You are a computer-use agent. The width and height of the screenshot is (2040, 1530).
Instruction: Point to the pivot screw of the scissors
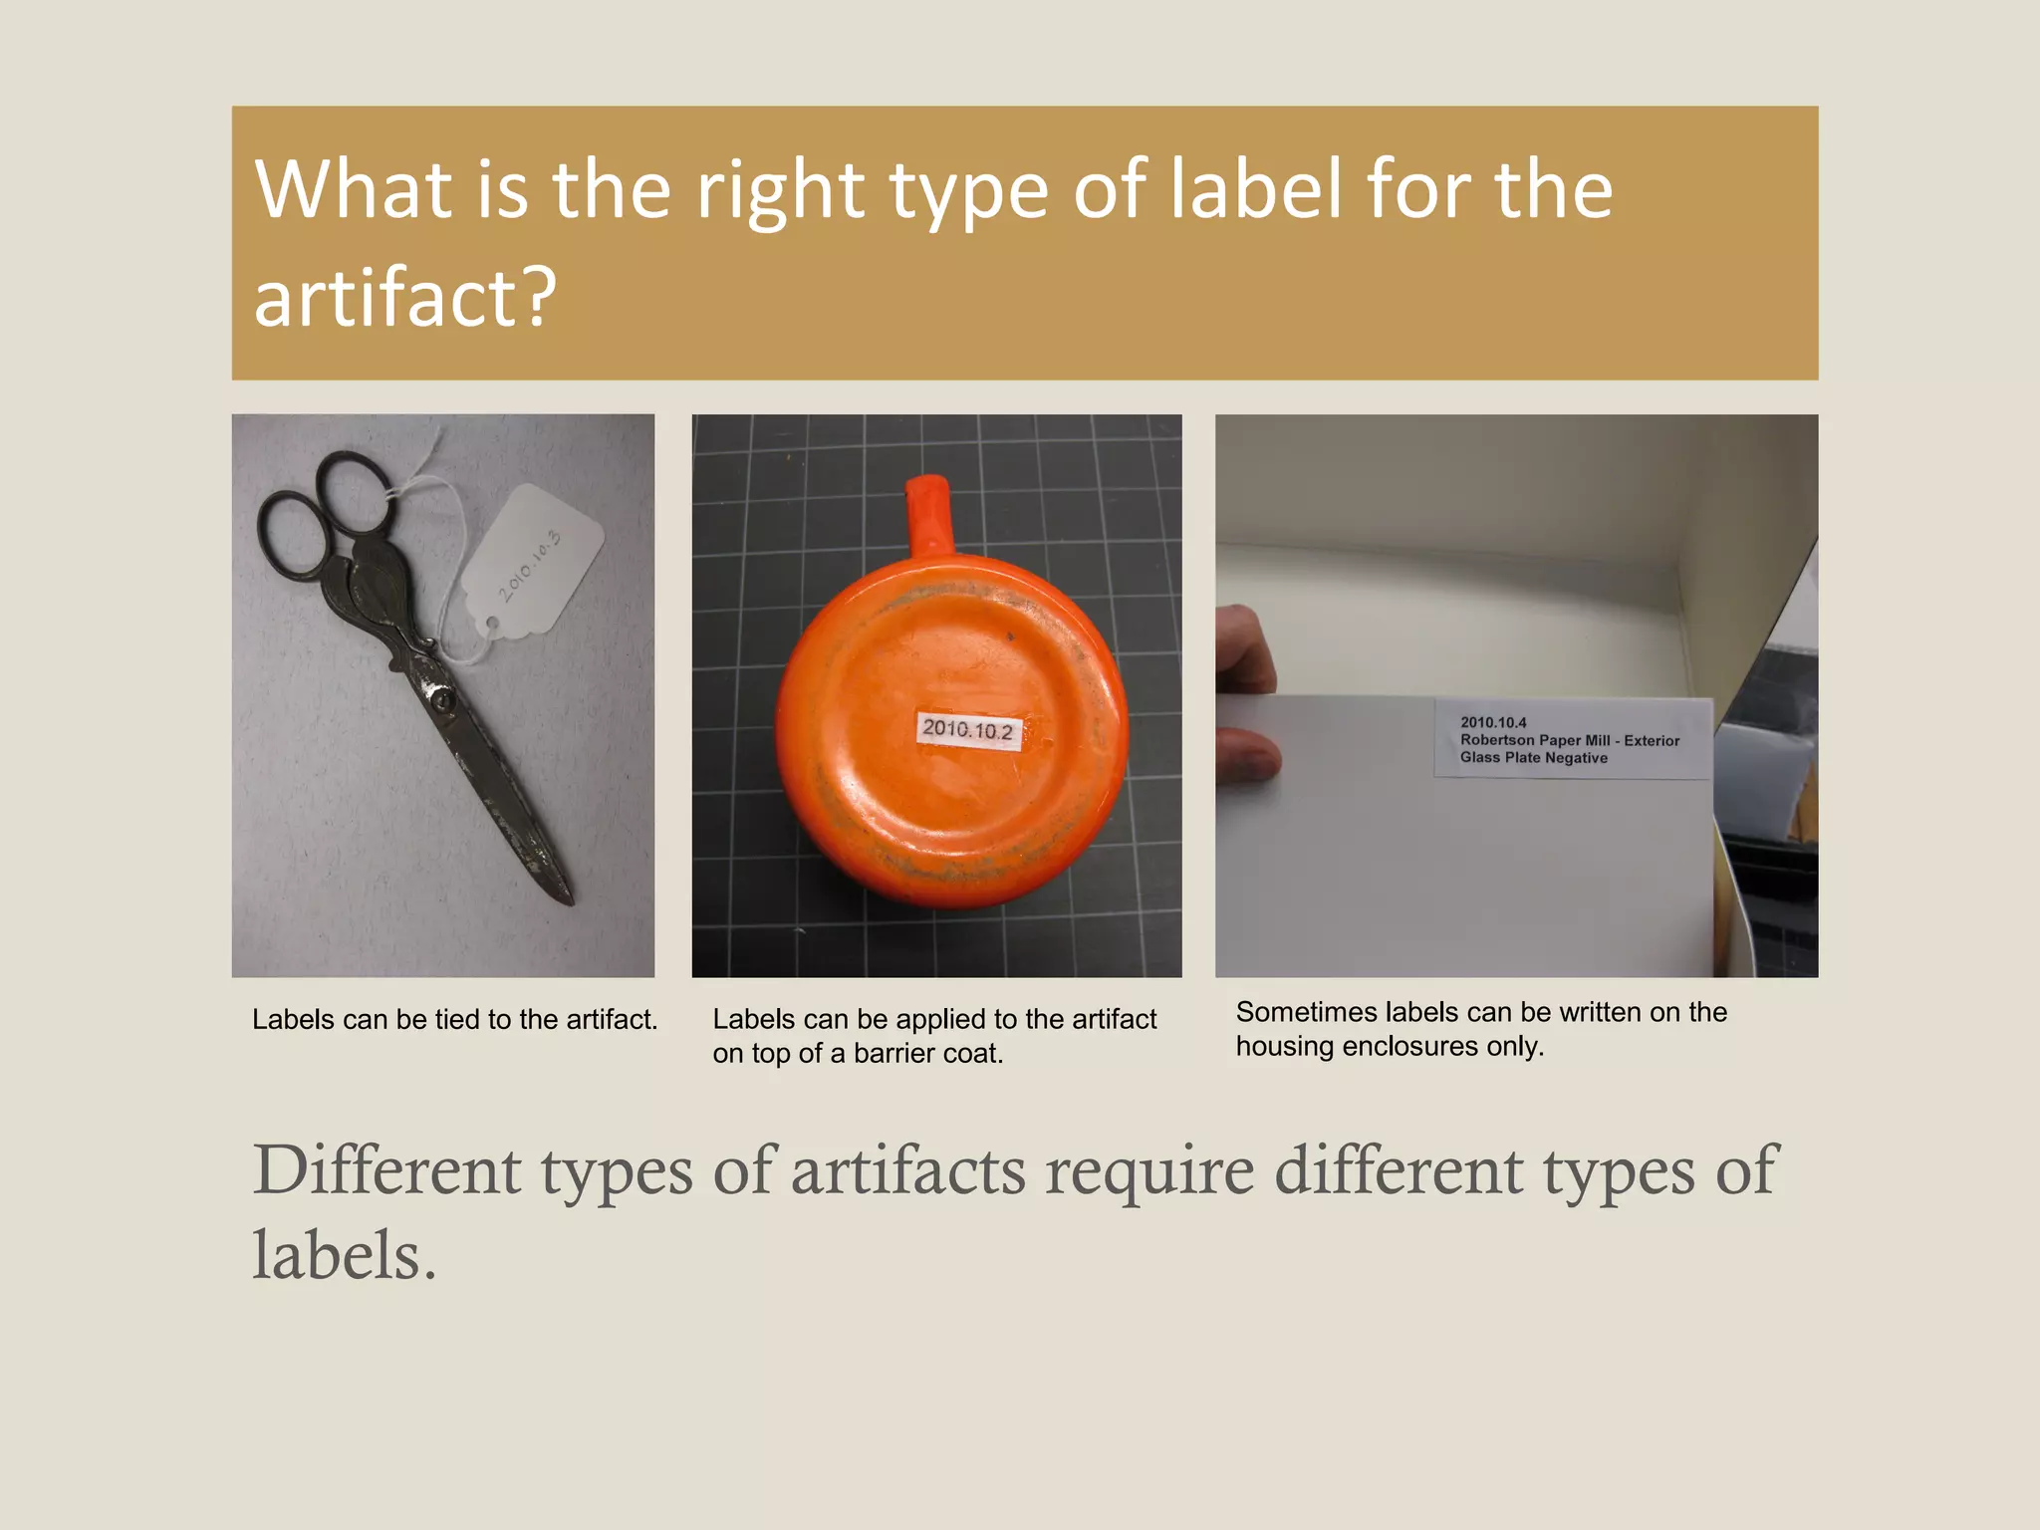click(443, 702)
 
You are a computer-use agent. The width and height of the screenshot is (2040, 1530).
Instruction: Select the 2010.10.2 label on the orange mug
click(967, 729)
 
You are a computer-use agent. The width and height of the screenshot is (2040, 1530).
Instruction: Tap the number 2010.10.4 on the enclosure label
click(1493, 722)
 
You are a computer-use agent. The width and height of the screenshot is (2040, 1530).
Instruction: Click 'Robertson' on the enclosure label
click(1497, 740)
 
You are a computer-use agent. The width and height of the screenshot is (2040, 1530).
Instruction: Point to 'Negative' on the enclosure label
click(1576, 758)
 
